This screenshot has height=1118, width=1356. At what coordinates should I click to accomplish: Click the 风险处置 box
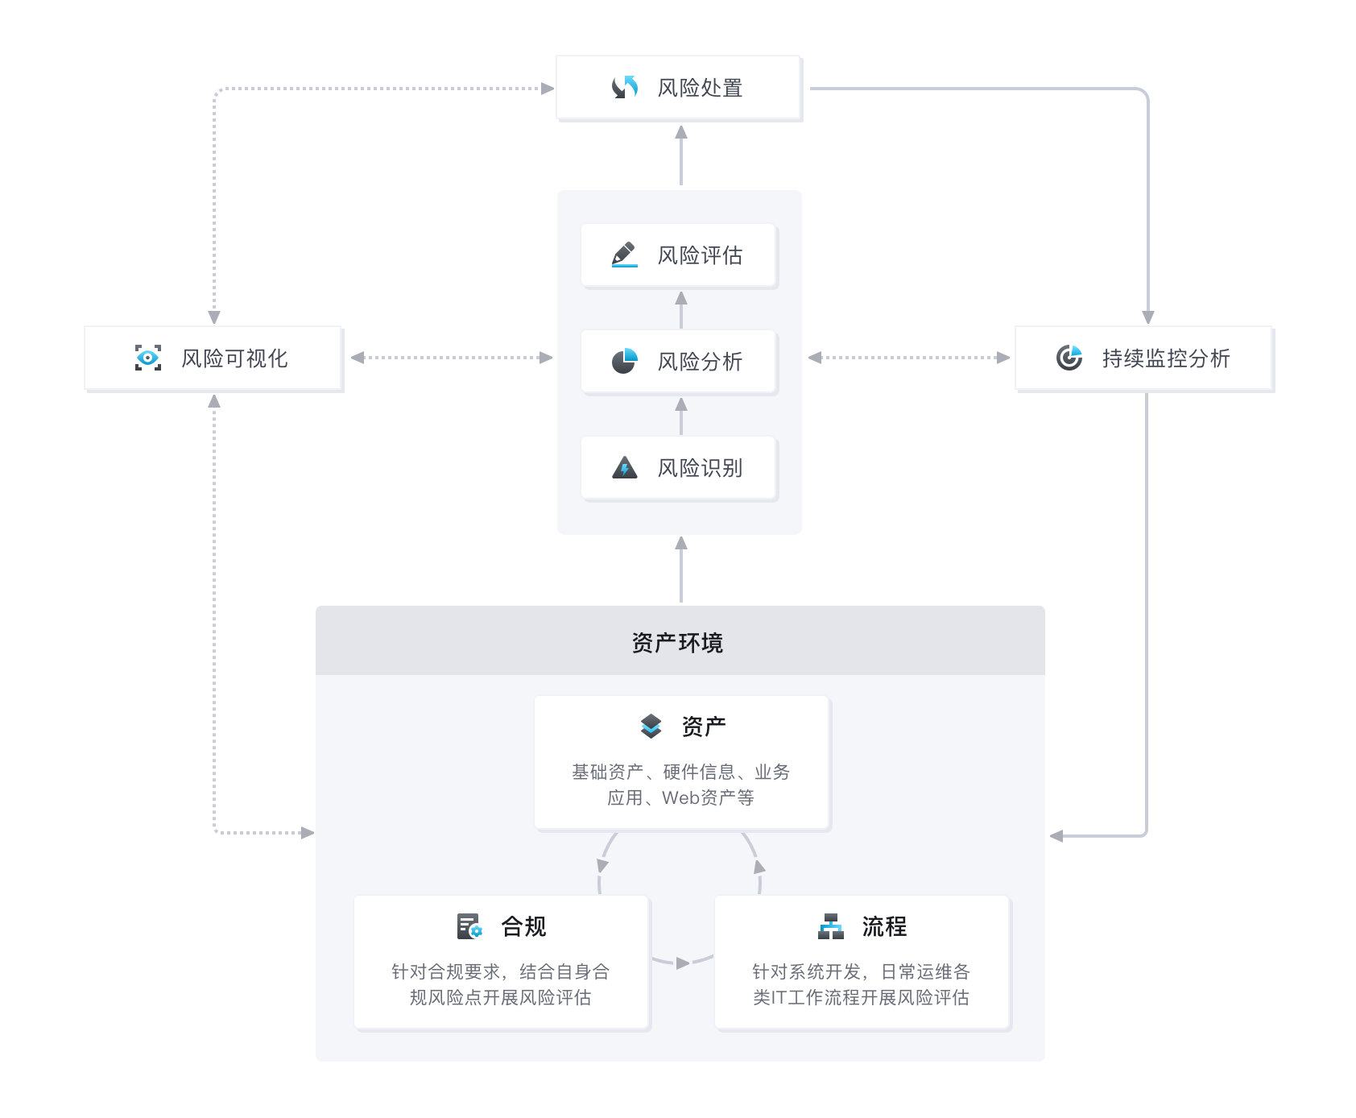pos(679,88)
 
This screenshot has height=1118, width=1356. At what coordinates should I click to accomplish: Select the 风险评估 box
pos(679,255)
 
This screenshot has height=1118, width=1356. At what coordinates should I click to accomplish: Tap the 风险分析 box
pos(679,362)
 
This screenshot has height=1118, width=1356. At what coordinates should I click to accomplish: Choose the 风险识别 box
pos(679,468)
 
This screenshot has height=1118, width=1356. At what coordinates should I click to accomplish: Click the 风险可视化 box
pos(213,358)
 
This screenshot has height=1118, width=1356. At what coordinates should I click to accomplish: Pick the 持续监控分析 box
pos(1143,358)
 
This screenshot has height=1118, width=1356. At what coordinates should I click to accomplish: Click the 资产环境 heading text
pos(677,642)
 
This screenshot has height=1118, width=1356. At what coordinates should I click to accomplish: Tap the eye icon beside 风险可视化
pos(148,358)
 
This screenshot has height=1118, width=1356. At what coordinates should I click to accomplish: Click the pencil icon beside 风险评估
pos(624,255)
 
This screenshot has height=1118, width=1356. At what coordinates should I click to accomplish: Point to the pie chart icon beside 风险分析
pos(624,362)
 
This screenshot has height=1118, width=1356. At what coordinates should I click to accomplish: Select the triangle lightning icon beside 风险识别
pos(624,468)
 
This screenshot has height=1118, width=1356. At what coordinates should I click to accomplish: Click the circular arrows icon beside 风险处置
pos(625,87)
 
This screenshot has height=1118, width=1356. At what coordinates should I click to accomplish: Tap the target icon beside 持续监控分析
pos(1069,358)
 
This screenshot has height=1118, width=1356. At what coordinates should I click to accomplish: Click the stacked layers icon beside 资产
pos(651,726)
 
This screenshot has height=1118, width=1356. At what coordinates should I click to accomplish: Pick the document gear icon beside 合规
pos(469,926)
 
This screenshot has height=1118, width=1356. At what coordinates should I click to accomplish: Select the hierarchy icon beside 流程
pos(831,926)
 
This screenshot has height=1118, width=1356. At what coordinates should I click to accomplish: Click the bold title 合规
pos(523,926)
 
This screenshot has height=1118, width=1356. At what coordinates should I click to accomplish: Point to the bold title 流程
pos(884,926)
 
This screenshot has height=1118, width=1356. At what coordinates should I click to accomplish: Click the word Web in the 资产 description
pos(680,797)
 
